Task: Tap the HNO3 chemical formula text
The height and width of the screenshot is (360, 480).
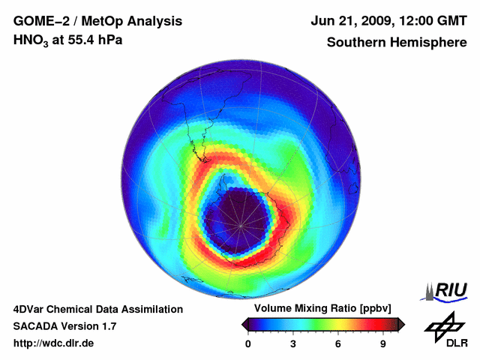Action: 31,40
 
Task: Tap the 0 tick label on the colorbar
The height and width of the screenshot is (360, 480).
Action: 248,344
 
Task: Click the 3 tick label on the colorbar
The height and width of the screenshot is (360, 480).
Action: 293,344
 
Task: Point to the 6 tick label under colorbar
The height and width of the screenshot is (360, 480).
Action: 338,344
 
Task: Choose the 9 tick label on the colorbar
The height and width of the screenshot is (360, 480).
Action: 382,344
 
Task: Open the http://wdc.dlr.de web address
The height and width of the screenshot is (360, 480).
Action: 54,343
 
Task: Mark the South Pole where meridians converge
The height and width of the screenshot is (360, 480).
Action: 241,224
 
